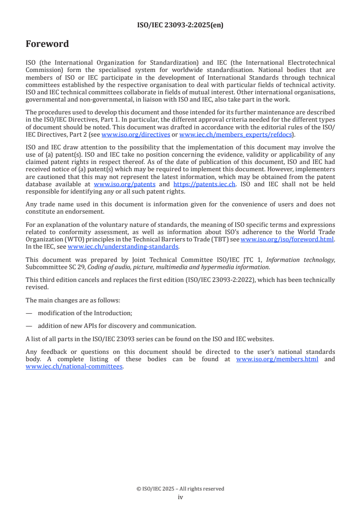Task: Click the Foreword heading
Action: tap(47, 44)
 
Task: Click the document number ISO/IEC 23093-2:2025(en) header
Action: tap(180, 26)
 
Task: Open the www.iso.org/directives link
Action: tap(136, 135)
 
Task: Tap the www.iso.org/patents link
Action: tap(124, 184)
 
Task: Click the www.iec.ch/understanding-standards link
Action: tap(123, 246)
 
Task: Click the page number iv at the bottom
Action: tap(180, 497)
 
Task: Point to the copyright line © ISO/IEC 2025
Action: tap(180, 489)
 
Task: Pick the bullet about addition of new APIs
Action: tap(117, 326)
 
